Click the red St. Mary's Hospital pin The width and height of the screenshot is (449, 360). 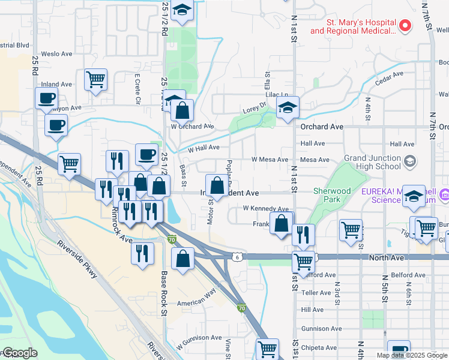405,26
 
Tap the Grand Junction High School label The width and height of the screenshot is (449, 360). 372,163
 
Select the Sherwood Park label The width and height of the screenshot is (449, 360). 332,195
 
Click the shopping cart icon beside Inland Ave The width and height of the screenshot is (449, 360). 95,79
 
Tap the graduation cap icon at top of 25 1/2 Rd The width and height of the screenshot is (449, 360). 181,10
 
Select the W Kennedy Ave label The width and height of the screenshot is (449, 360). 266,208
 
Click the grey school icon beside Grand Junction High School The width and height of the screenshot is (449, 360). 410,161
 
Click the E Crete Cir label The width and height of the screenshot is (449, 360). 137,89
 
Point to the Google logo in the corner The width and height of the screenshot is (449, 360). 19,353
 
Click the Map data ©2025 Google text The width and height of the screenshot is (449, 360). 412,355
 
